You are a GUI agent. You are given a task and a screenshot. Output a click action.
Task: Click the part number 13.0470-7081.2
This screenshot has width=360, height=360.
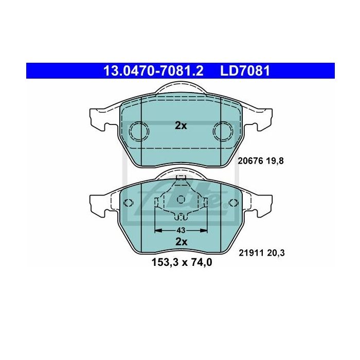[153, 71]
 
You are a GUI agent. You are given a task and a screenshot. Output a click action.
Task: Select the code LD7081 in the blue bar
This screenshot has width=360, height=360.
[245, 71]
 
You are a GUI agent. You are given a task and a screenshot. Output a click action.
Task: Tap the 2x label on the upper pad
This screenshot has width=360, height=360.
[181, 125]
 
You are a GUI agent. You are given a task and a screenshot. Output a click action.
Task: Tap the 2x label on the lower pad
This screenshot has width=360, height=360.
[182, 242]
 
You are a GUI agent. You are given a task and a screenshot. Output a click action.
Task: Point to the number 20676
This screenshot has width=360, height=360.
[250, 161]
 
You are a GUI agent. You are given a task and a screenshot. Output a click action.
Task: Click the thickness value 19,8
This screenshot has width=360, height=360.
[275, 161]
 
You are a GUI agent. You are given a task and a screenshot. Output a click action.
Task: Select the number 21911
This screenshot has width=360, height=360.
[251, 253]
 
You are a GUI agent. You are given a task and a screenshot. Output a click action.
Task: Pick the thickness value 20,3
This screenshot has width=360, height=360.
[276, 253]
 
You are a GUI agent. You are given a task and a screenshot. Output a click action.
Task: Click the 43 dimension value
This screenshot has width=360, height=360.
[181, 230]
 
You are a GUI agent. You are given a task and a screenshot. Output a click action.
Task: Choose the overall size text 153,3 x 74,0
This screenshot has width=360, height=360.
[182, 262]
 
